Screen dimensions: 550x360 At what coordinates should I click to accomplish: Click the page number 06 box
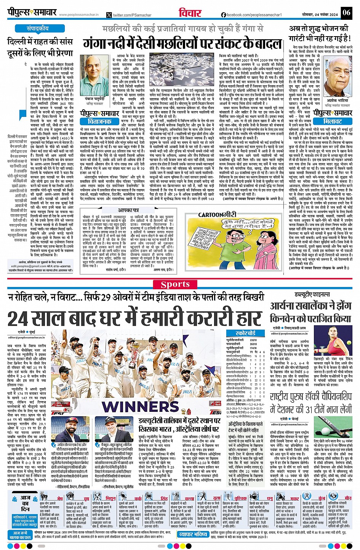(x=346, y=12)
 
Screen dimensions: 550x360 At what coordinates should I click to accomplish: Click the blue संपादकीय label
(x=37, y=29)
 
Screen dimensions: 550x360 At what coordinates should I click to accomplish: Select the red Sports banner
(x=180, y=284)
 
